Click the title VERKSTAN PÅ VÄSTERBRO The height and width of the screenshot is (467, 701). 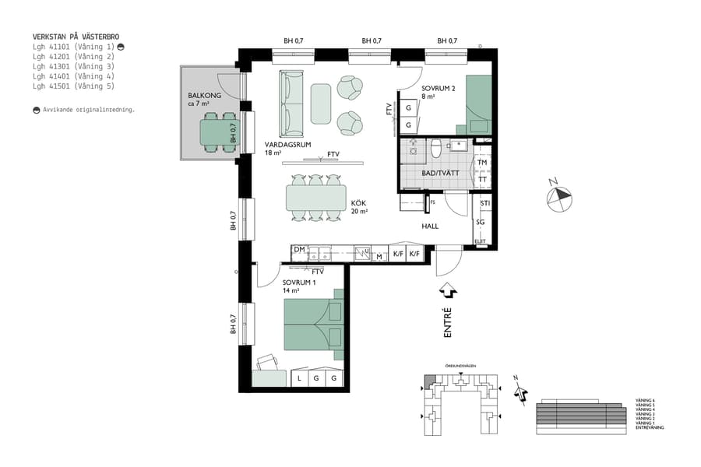coord(76,37)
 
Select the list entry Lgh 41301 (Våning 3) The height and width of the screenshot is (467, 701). coord(73,66)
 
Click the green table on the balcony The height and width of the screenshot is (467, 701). coord(219,133)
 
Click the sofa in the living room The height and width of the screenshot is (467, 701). coord(292,103)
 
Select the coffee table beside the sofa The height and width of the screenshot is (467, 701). coord(320,103)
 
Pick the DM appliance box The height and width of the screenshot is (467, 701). coord(298,250)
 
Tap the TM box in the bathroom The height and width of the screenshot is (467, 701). coord(483,163)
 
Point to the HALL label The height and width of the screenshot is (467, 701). coord(430,226)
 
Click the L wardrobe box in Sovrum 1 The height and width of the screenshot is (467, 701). coord(299,378)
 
